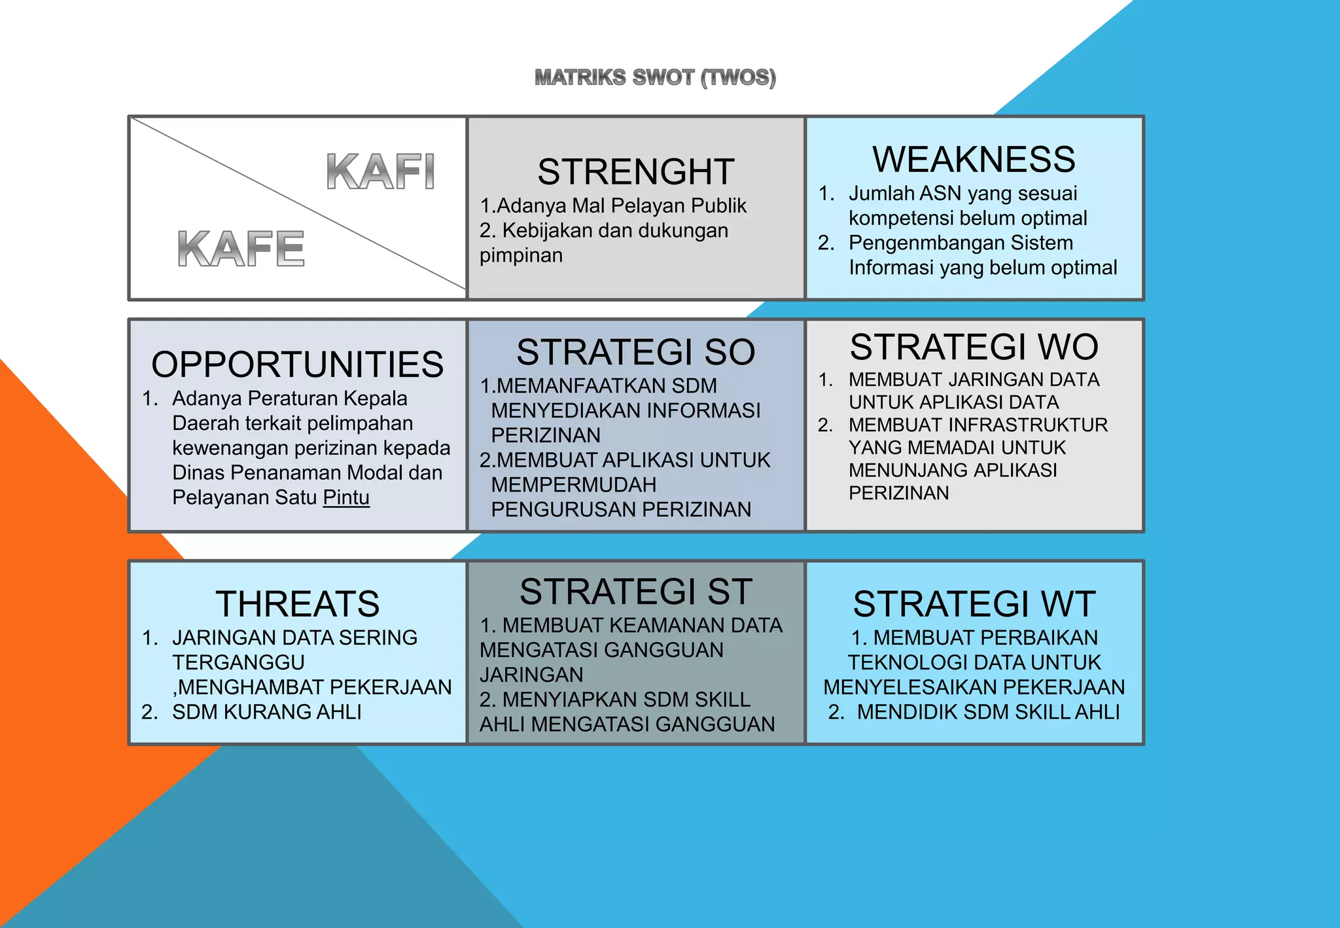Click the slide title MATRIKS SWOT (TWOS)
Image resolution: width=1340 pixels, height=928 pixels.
[x=655, y=78]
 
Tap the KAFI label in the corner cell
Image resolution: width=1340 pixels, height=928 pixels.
[x=380, y=171]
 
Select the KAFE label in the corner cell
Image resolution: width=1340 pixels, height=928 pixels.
[x=241, y=249]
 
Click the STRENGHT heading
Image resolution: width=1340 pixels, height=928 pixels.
[x=635, y=172]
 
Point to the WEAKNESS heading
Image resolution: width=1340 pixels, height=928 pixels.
[x=974, y=160]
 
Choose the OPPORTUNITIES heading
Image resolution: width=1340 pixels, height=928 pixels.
[x=297, y=365]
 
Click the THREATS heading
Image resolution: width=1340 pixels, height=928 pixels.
[x=297, y=603]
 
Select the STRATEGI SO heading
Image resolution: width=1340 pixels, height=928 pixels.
[x=635, y=352]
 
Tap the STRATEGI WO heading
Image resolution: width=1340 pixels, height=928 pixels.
[x=974, y=347]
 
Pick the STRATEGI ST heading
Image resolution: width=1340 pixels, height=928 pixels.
[x=635, y=592]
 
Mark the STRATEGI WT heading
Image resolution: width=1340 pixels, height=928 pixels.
[x=974, y=603]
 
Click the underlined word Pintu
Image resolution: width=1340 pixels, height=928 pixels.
[x=346, y=497]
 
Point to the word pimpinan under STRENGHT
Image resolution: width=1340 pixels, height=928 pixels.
[x=521, y=255]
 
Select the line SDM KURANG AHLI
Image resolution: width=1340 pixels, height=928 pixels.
[x=266, y=712]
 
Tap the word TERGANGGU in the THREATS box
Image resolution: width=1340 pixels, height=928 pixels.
[x=238, y=662]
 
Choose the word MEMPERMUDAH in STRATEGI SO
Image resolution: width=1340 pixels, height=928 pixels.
[x=573, y=485]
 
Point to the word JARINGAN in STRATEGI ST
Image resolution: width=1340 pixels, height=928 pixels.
[x=531, y=675]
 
